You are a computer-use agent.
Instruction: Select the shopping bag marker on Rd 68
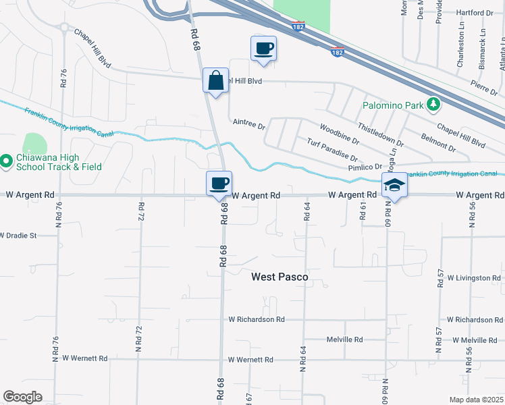click(x=215, y=82)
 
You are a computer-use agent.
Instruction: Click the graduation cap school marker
click(x=395, y=186)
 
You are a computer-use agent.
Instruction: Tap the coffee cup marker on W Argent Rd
click(x=219, y=184)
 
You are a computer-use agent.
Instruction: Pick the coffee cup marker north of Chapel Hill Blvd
click(x=263, y=49)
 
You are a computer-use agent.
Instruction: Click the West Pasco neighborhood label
click(x=280, y=277)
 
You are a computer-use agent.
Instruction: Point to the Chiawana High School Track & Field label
click(x=59, y=161)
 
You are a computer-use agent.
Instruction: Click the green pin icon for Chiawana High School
click(x=5, y=161)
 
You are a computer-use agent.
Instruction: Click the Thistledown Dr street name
click(x=381, y=134)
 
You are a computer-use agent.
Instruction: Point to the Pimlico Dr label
click(x=365, y=166)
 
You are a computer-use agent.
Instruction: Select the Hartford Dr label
click(x=475, y=13)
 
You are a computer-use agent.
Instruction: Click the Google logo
click(x=22, y=397)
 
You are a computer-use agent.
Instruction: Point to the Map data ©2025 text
click(x=475, y=400)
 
